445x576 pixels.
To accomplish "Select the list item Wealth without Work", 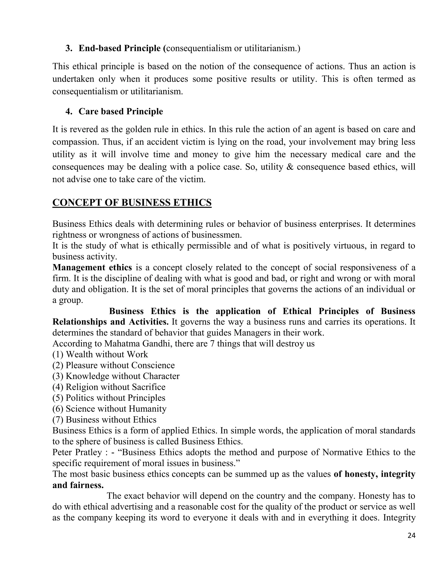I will tap(100, 354).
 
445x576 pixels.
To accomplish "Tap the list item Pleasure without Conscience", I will tap(113, 365).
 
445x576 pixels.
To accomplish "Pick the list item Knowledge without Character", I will tap(116, 376).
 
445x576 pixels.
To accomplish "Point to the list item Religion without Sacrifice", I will tap(109, 387).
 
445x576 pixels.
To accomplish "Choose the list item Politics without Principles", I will tap(109, 398).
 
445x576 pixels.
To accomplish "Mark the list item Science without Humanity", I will tap(110, 409).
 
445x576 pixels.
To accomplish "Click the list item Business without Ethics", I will tap(104, 420).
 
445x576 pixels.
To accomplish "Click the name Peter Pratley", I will tap(77, 452).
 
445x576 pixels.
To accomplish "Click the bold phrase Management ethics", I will tap(92, 267).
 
